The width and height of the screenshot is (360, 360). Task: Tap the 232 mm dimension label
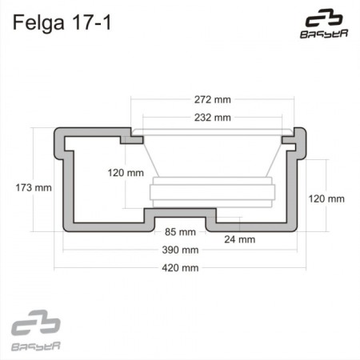pyautogui.click(x=212, y=118)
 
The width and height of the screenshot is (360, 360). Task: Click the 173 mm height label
pyautogui.click(x=33, y=188)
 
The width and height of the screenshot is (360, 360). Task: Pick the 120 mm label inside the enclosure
pyautogui.click(x=126, y=173)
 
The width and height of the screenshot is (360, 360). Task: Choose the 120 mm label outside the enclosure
pyautogui.click(x=326, y=198)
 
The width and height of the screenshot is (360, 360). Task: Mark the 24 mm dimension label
pyautogui.click(x=239, y=238)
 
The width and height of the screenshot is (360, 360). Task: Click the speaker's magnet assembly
pyautogui.click(x=212, y=193)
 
